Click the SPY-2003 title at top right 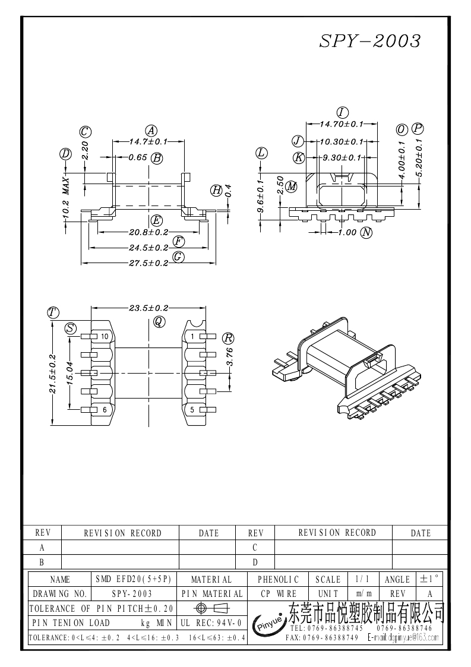coord(370,40)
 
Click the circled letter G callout coord(178,257)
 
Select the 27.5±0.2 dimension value coord(148,263)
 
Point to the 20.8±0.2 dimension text coord(148,232)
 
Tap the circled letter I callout coord(342,113)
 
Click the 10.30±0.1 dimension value coord(341,142)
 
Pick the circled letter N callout coord(366,232)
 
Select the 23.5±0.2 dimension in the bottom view coord(148,308)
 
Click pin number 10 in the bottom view coord(105,337)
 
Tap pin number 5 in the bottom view coord(192,410)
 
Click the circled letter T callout coord(53,312)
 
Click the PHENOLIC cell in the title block coord(279,579)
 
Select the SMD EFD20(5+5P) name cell coord(133,579)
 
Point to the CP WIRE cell coord(279,593)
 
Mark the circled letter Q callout coord(159,321)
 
